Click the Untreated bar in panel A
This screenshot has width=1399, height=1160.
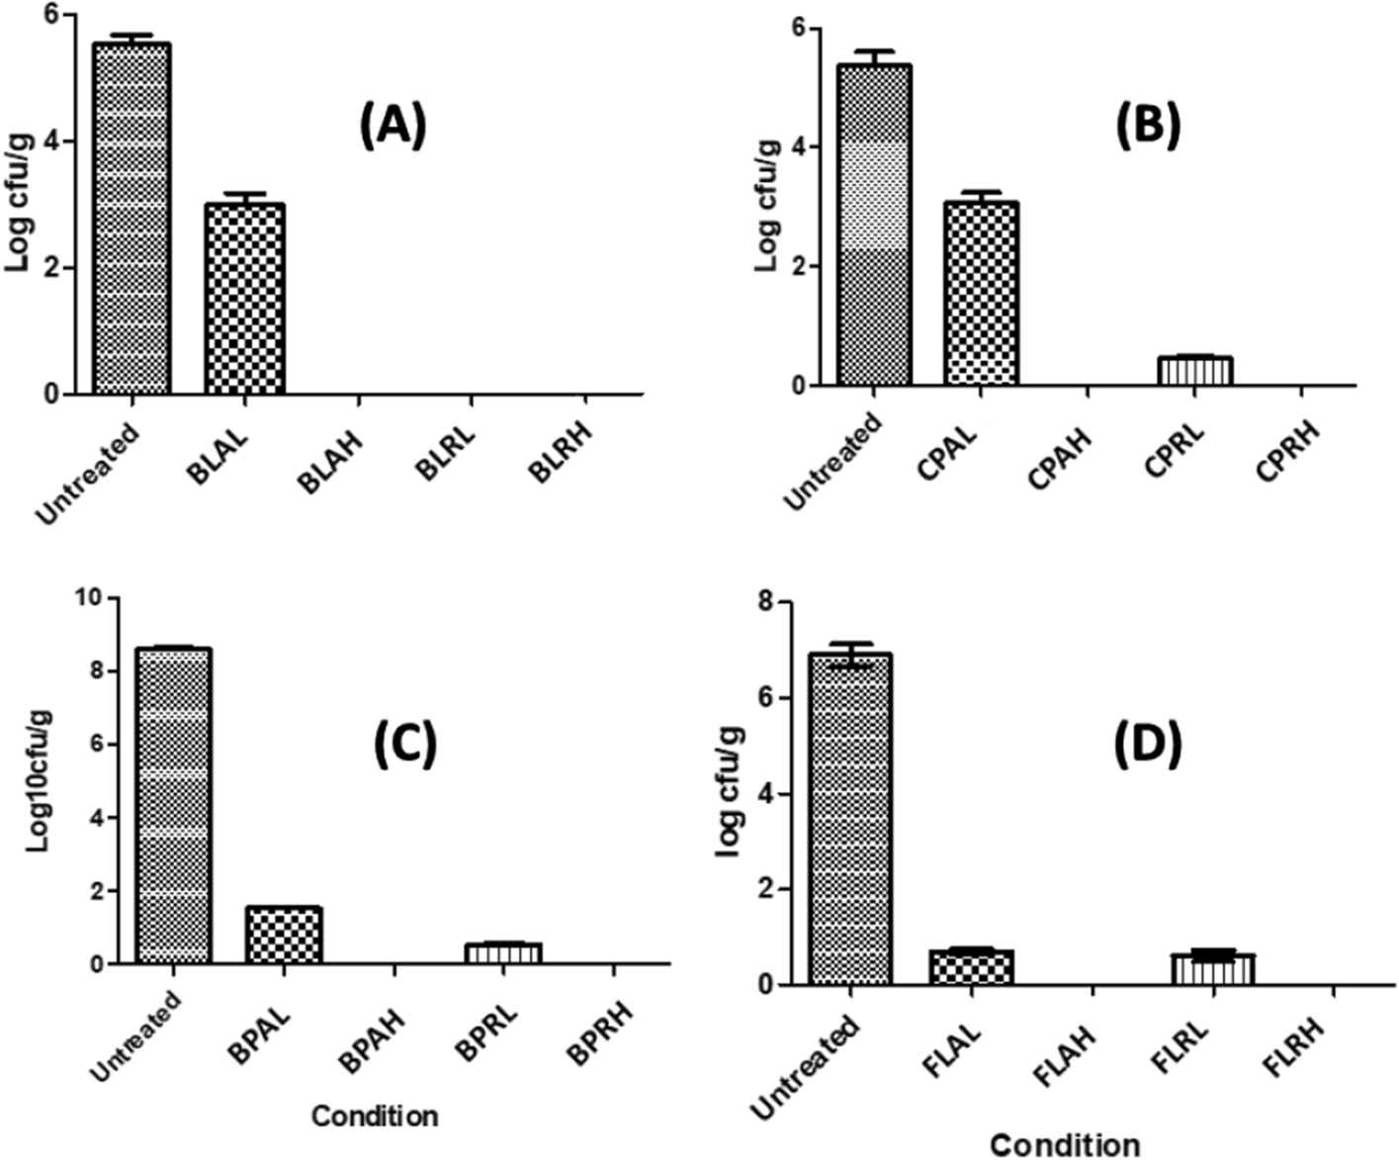131,219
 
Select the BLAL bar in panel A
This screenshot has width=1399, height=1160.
245,299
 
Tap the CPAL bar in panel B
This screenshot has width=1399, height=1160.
981,294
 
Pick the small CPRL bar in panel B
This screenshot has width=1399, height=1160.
1195,371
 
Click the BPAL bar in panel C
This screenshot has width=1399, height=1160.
284,935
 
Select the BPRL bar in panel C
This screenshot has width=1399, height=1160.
503,952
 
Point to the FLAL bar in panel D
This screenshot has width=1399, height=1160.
972,967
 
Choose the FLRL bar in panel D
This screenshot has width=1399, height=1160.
1213,969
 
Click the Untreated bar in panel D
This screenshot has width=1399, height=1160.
851,819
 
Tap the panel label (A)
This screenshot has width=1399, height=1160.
393,127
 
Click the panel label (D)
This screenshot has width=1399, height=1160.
1148,746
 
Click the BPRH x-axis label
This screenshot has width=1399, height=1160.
600,1029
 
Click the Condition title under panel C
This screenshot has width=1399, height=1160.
375,1116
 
